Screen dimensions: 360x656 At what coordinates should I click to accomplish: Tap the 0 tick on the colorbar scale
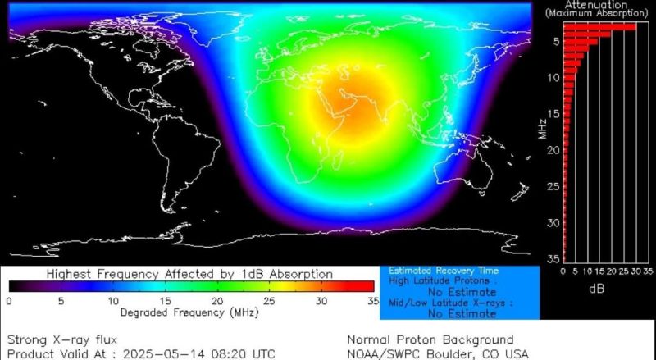(x=8, y=301)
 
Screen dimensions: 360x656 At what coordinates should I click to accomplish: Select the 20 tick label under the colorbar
(x=217, y=301)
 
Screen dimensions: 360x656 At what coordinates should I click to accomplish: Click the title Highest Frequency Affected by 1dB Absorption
(x=189, y=273)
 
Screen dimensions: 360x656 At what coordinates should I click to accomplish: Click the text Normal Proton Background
(x=430, y=339)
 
